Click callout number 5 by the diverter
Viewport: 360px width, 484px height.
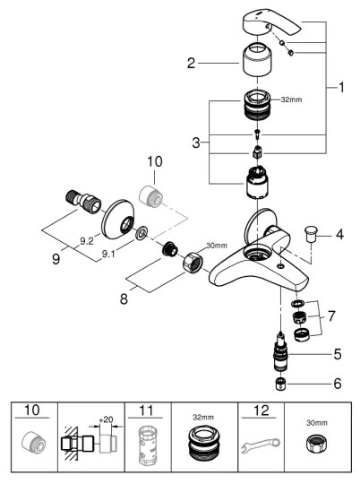(337, 355)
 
